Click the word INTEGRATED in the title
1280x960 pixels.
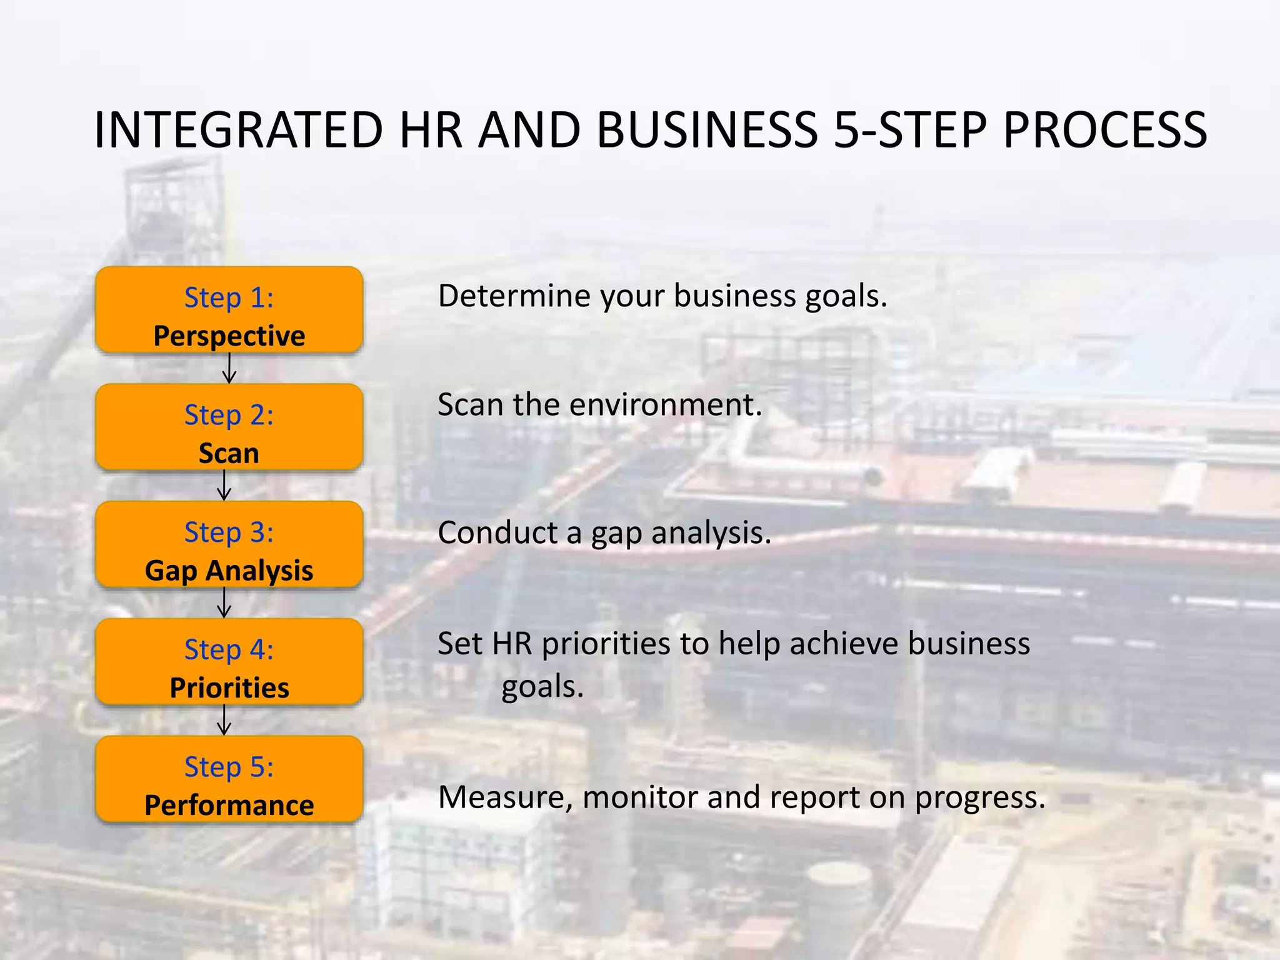tap(237, 130)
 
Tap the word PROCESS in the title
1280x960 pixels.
tap(1104, 130)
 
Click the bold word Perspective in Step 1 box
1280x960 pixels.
tap(229, 336)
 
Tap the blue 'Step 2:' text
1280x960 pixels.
tap(229, 415)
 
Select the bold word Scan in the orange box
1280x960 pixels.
tap(229, 454)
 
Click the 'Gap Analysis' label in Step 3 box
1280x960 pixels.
tap(229, 571)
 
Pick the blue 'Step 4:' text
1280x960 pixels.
tap(229, 650)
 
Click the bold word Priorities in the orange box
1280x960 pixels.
tap(229, 688)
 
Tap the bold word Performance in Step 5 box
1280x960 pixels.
tap(229, 806)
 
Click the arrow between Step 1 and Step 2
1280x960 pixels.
tap(229, 368)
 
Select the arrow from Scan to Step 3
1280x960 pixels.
tap(224, 486)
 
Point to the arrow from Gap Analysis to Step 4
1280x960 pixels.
tap(224, 603)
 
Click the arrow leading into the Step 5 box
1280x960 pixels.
tap(224, 720)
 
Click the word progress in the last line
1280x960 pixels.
tap(979, 799)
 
